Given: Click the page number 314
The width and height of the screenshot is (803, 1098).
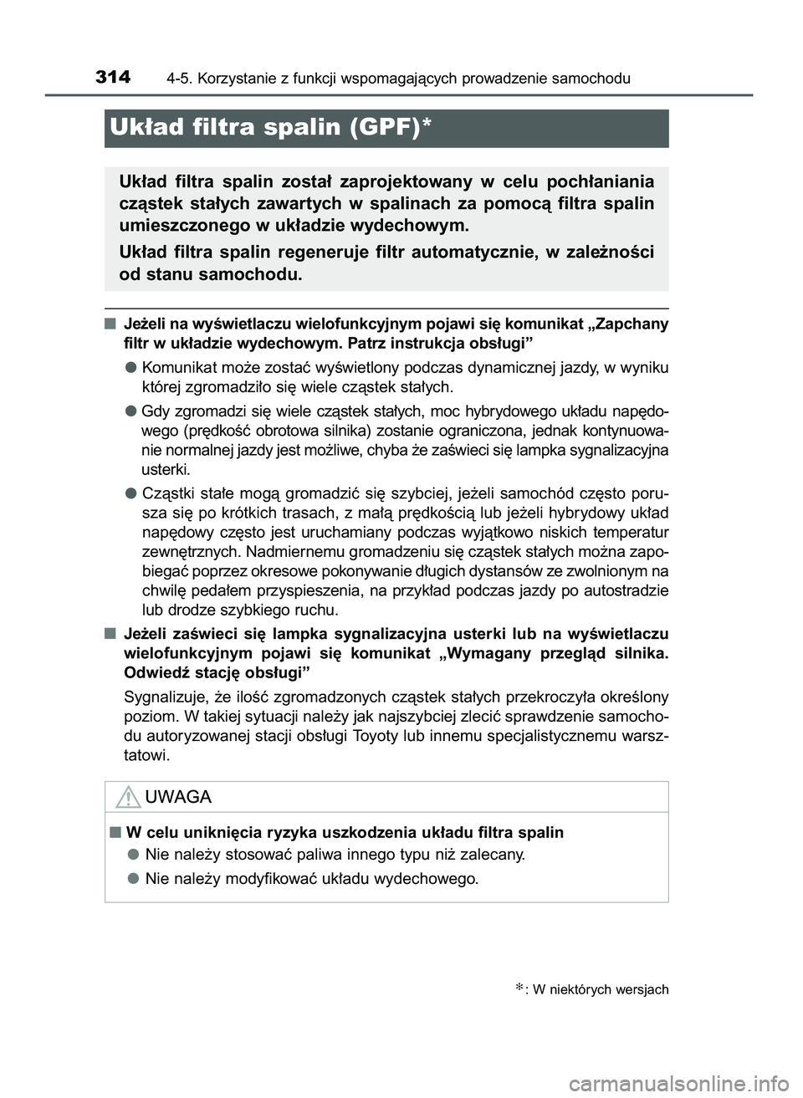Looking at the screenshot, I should [x=113, y=78].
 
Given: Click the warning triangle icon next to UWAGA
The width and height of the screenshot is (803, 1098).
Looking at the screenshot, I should [x=127, y=797].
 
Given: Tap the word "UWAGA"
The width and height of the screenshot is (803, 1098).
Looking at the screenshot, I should [x=178, y=797].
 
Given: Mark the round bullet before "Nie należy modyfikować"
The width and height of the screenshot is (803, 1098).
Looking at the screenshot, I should [x=133, y=878].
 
